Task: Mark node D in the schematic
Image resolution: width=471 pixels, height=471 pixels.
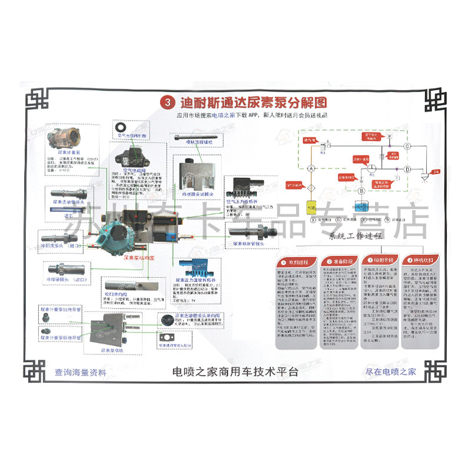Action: pos(407,169)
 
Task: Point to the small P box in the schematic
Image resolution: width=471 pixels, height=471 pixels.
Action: pos(389,137)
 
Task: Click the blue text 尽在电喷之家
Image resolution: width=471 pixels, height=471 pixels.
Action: pos(390,372)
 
